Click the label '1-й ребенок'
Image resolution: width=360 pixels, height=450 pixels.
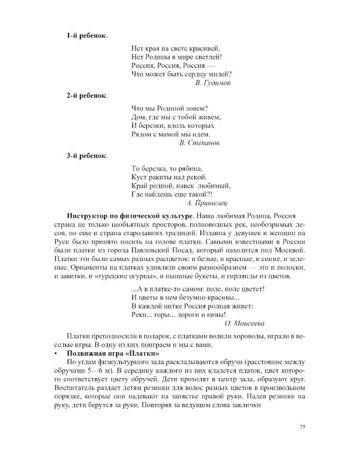pos(87,36)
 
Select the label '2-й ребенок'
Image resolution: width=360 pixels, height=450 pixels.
pos(87,95)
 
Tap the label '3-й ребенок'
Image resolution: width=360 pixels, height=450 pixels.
pos(87,156)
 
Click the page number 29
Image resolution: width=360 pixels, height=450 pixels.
pos(302,427)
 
